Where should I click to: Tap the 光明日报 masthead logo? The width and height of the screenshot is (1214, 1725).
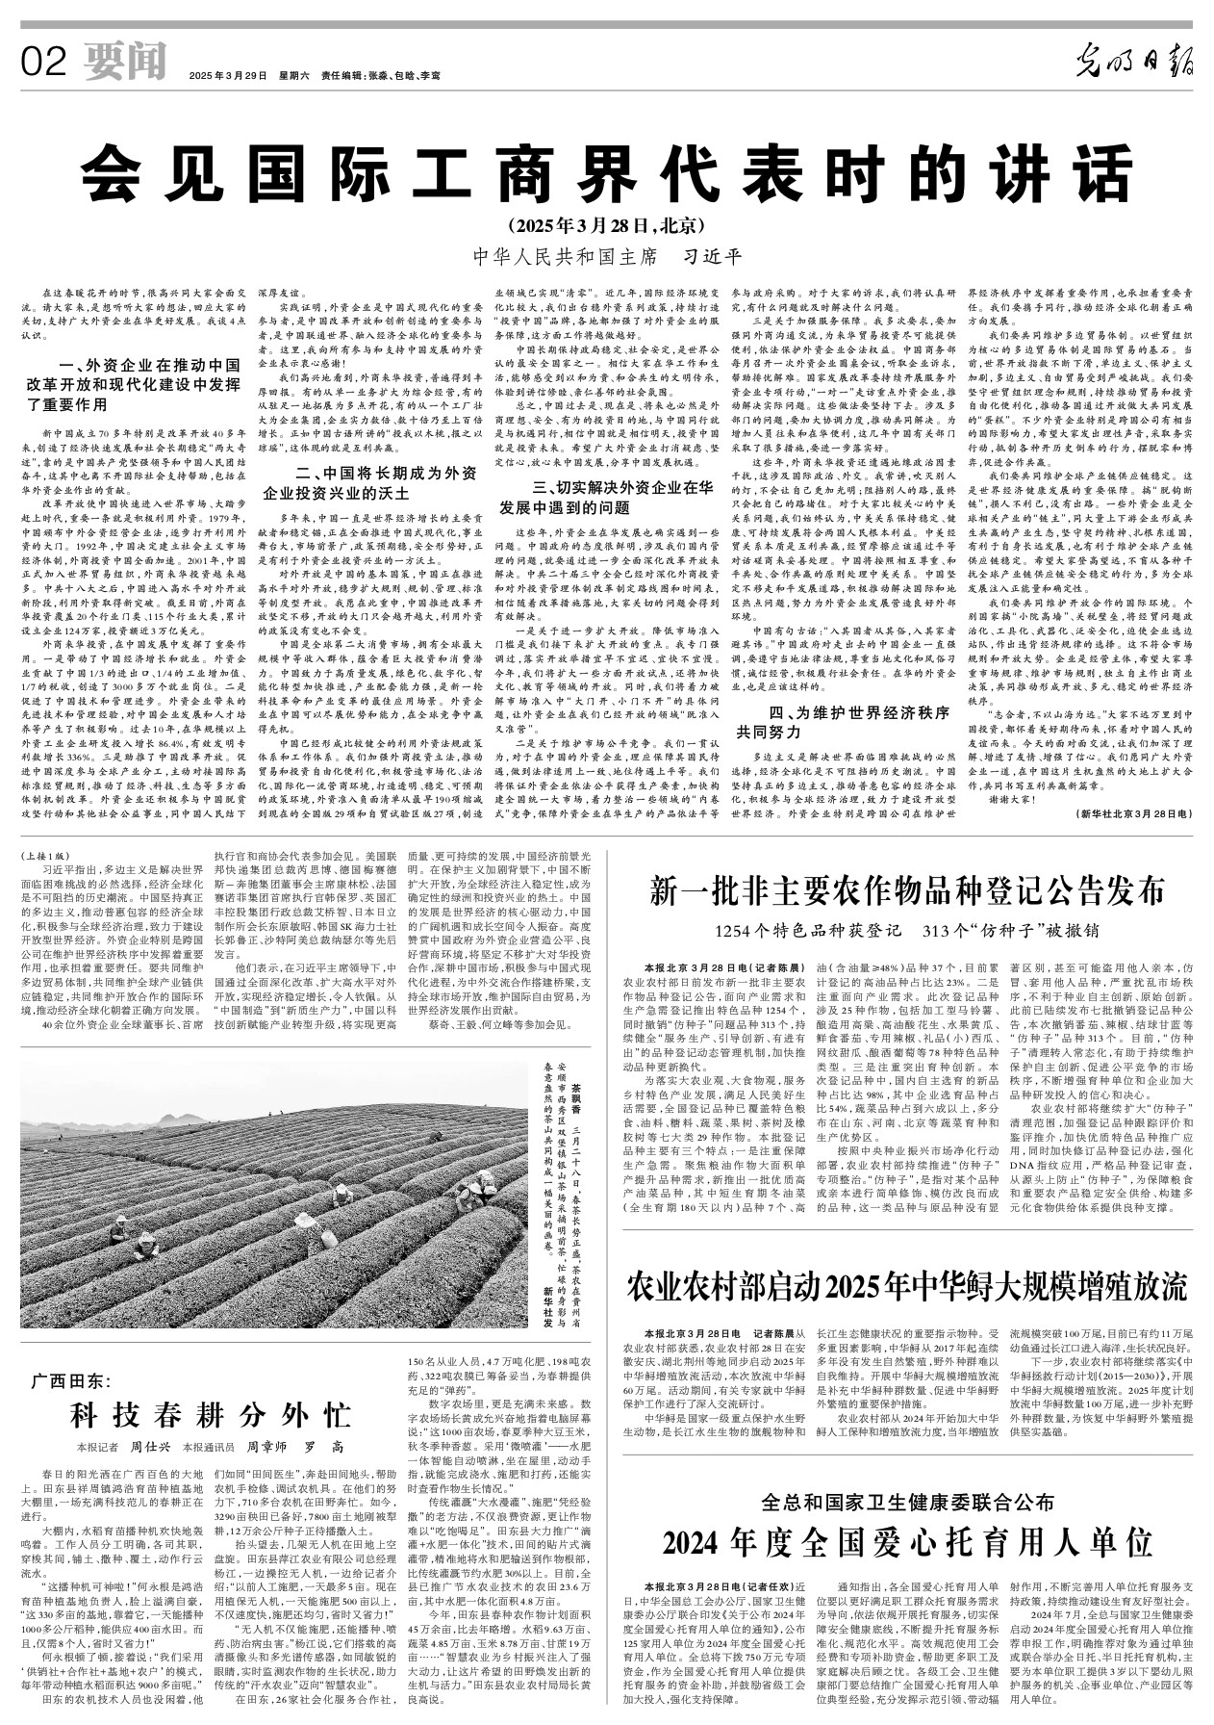coord(1134,64)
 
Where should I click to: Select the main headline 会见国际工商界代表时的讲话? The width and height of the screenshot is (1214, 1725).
coord(607,172)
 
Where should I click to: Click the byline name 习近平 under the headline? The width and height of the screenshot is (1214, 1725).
coord(713,257)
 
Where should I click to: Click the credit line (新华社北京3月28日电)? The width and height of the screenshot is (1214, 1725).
coord(1136,813)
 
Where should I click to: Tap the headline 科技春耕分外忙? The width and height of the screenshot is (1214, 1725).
coord(209,1416)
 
